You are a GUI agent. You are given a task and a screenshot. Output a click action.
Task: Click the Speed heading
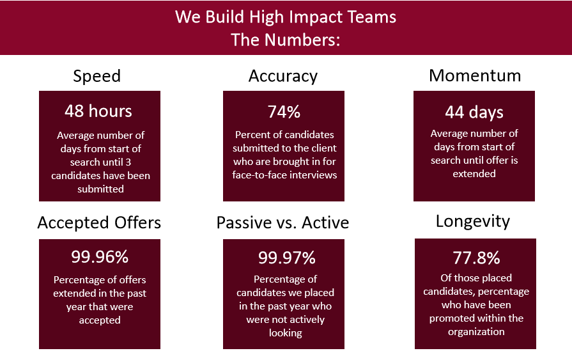tap(97, 77)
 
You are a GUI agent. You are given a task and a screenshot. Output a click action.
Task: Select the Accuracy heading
tap(283, 77)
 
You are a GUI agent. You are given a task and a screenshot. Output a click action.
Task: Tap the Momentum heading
tap(475, 75)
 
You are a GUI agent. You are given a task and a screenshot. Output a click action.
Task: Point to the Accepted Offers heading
tap(99, 223)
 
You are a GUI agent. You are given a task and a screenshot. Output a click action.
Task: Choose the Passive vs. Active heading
tap(282, 223)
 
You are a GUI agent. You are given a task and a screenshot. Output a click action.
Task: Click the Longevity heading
tap(473, 222)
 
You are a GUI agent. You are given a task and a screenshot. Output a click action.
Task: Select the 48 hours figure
tap(98, 111)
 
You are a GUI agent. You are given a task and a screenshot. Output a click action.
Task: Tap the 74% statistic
tap(284, 112)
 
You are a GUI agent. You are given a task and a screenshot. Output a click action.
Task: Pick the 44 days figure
tap(474, 113)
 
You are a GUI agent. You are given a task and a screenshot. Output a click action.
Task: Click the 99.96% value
tap(100, 256)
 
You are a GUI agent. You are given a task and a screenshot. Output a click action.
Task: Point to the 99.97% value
tap(287, 258)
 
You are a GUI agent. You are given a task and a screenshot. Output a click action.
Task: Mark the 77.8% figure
tap(476, 258)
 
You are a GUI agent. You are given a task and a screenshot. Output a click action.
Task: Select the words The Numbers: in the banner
tap(286, 40)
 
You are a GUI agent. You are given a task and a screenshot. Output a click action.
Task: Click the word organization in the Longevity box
tap(476, 332)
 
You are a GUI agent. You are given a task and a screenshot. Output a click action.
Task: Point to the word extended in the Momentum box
tap(474, 174)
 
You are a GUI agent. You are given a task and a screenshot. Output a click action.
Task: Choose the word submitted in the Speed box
tap(101, 189)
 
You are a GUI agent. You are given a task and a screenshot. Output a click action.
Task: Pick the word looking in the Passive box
tap(286, 333)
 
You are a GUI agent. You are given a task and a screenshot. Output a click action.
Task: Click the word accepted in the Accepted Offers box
tap(100, 320)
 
